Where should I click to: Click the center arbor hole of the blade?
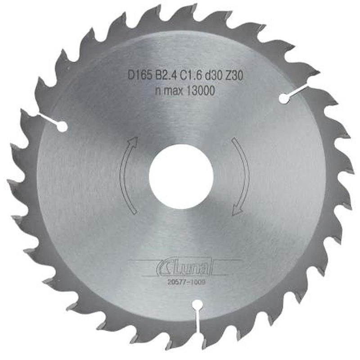(181, 176)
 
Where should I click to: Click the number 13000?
(197, 90)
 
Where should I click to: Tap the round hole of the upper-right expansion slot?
(283, 99)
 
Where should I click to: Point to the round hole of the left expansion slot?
(63, 127)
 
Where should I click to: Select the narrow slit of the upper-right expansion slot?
(299, 91)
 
